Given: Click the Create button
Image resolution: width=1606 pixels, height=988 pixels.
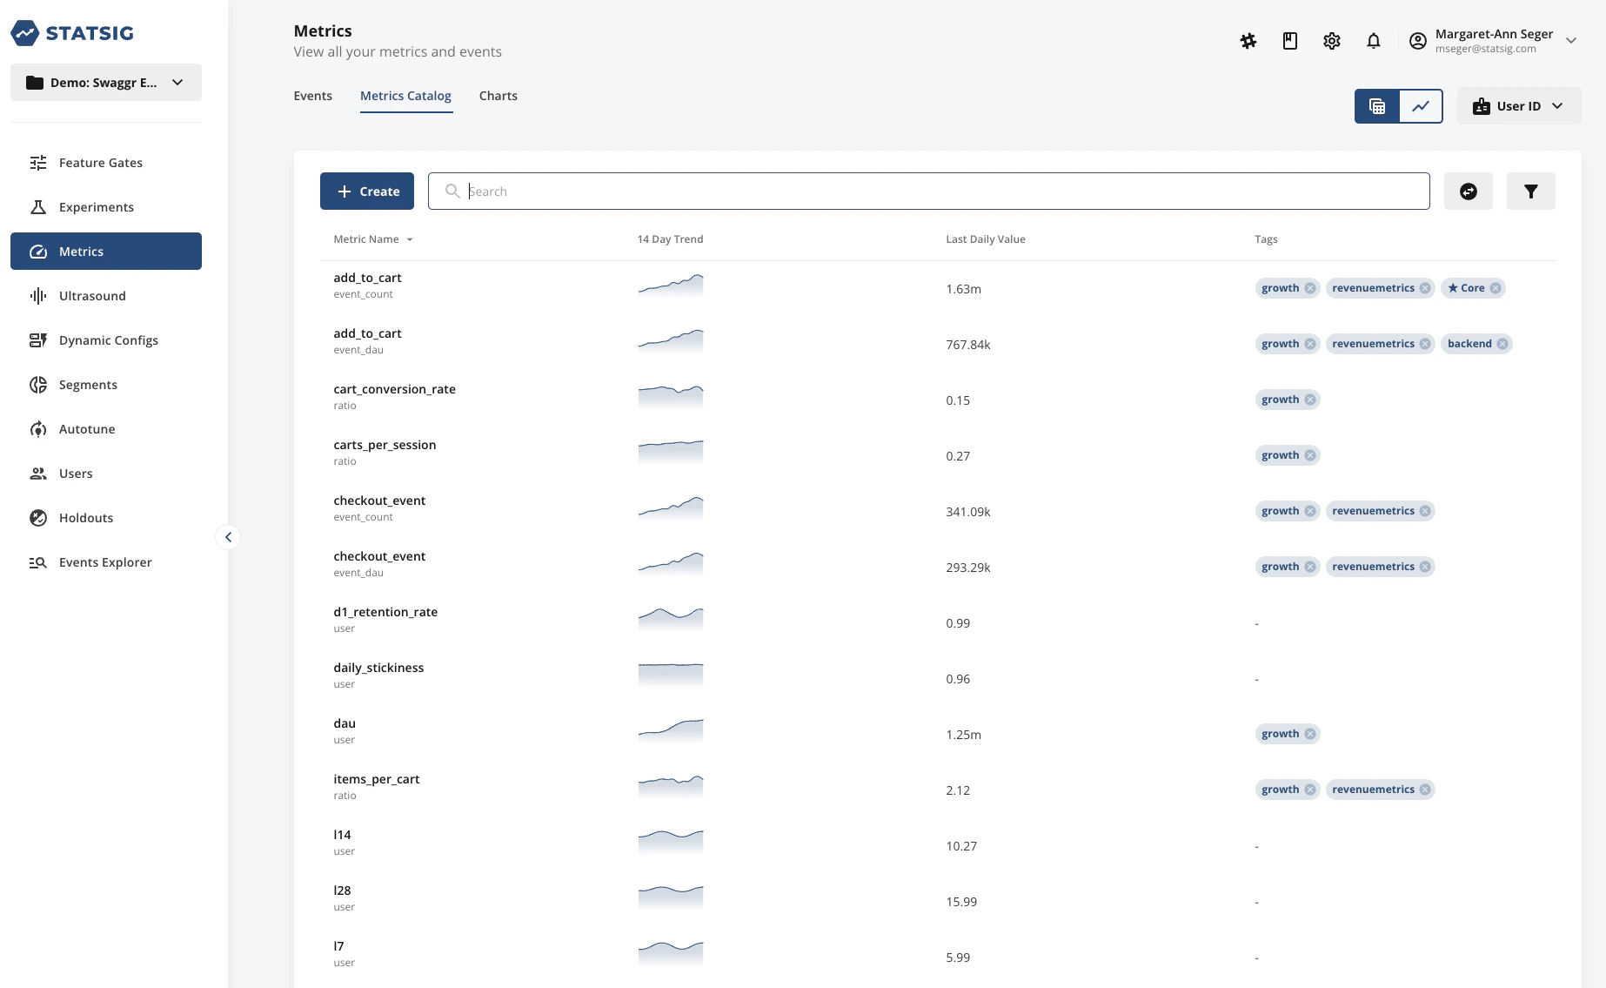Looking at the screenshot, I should pos(366,192).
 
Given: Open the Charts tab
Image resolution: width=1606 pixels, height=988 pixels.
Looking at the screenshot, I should pos(498,96).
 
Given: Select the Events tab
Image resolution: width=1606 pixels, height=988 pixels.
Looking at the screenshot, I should pos(312,96).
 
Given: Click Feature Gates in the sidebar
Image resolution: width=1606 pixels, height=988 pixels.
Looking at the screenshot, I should pos(100,163).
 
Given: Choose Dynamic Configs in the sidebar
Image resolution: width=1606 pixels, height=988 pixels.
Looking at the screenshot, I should pos(108,340).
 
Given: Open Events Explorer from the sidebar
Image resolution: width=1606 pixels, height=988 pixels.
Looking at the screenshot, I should pos(105,562).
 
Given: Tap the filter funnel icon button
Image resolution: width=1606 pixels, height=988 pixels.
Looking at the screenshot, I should pos(1530,192).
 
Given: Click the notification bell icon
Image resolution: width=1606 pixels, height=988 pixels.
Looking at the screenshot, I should pos(1373,41).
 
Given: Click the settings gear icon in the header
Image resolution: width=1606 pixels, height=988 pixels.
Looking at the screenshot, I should pos(1331,41).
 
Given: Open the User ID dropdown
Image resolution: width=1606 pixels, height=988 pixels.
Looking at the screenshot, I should pos(1518,106).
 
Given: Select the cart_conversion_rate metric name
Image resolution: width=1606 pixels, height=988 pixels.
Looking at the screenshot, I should pos(394,389).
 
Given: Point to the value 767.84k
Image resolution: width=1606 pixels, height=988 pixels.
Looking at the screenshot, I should pos(967,345).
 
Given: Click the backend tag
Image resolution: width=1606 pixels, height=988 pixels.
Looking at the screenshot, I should pos(1469,344).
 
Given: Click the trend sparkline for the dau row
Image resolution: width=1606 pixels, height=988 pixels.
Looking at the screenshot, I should pos(670,730).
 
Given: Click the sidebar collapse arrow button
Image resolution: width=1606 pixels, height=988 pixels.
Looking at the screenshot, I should pos(228,537).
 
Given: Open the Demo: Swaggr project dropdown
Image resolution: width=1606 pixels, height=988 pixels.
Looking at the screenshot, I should pos(106,83).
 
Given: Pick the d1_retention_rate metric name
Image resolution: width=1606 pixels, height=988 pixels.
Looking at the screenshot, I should pos(385,612).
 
